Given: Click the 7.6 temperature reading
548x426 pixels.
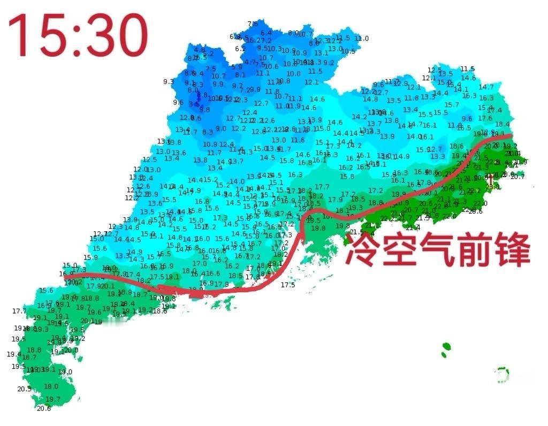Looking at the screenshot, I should click(253, 24).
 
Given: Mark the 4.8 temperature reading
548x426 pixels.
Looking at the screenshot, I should click(199, 50).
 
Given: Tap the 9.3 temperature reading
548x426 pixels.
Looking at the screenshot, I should click(169, 82).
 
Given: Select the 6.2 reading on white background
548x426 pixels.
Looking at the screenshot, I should click(240, 49).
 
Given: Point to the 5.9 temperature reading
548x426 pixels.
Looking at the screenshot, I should click(237, 67).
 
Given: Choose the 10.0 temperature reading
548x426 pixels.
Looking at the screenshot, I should click(293, 74).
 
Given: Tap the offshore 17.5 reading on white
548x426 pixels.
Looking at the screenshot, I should click(288, 285).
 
